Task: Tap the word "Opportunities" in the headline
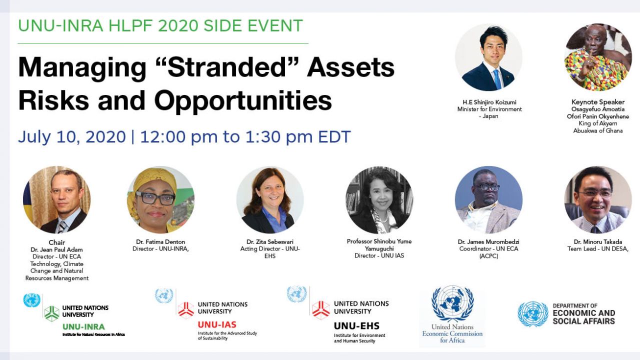[243, 100]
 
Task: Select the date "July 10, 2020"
[72, 137]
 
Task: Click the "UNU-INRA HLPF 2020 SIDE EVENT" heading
[160, 25]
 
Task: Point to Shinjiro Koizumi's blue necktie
[497, 79]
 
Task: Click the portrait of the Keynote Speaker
[598, 57]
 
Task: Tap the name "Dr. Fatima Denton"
[160, 241]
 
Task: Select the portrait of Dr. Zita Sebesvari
[270, 200]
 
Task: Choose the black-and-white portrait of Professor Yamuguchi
[379, 200]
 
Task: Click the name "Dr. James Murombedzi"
[488, 241]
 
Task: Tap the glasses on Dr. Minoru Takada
[595, 193]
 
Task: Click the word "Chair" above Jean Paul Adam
[57, 242]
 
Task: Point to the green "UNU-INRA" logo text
[83, 326]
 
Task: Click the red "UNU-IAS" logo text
[217, 324]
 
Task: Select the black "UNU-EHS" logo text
[357, 325]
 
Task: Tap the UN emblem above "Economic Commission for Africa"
[452, 303]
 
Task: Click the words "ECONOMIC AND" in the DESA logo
[584, 313]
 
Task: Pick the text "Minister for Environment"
[489, 109]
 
